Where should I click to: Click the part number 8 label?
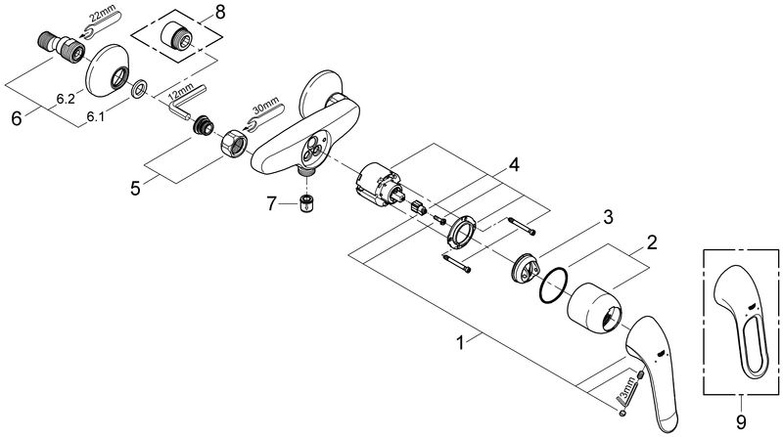(x=220, y=12)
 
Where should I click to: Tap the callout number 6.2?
(x=66, y=100)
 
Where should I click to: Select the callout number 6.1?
(x=96, y=116)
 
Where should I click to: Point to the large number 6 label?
(x=17, y=118)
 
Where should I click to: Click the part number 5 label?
(x=135, y=189)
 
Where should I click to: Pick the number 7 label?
(x=271, y=203)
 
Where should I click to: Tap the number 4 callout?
(x=514, y=164)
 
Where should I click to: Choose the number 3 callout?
(x=608, y=217)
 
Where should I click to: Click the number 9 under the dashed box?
(x=741, y=422)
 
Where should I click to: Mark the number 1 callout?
(x=461, y=343)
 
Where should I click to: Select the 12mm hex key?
(x=186, y=102)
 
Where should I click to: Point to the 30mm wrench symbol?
(x=265, y=116)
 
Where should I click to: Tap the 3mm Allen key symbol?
(x=626, y=391)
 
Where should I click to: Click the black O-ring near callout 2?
(x=554, y=285)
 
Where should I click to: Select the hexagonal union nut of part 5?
(x=233, y=143)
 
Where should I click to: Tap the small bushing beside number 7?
(x=306, y=204)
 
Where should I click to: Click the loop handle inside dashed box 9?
(x=743, y=328)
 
